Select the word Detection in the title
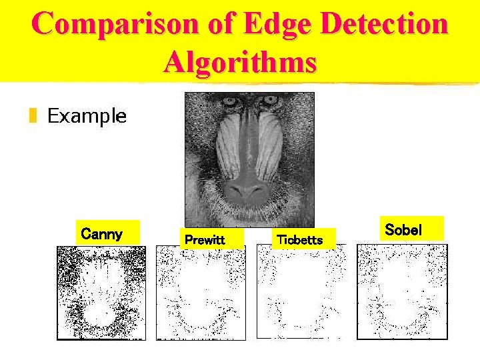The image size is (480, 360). click(x=385, y=25)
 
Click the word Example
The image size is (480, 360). click(x=87, y=116)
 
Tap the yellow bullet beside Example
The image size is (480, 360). click(x=32, y=117)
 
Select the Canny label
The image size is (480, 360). click(x=101, y=234)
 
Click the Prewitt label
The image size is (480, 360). click(x=205, y=239)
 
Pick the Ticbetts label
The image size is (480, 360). click(x=299, y=239)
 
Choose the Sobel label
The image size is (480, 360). click(x=403, y=230)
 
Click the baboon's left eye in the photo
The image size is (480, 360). click(x=231, y=102)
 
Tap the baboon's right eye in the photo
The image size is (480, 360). click(x=269, y=101)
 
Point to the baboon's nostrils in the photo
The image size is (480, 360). click(x=248, y=191)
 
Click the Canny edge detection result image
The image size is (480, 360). click(x=101, y=293)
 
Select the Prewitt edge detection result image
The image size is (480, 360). click(x=201, y=293)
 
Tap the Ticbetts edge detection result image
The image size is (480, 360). click(x=301, y=293)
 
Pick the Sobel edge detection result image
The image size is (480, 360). click(x=402, y=293)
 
